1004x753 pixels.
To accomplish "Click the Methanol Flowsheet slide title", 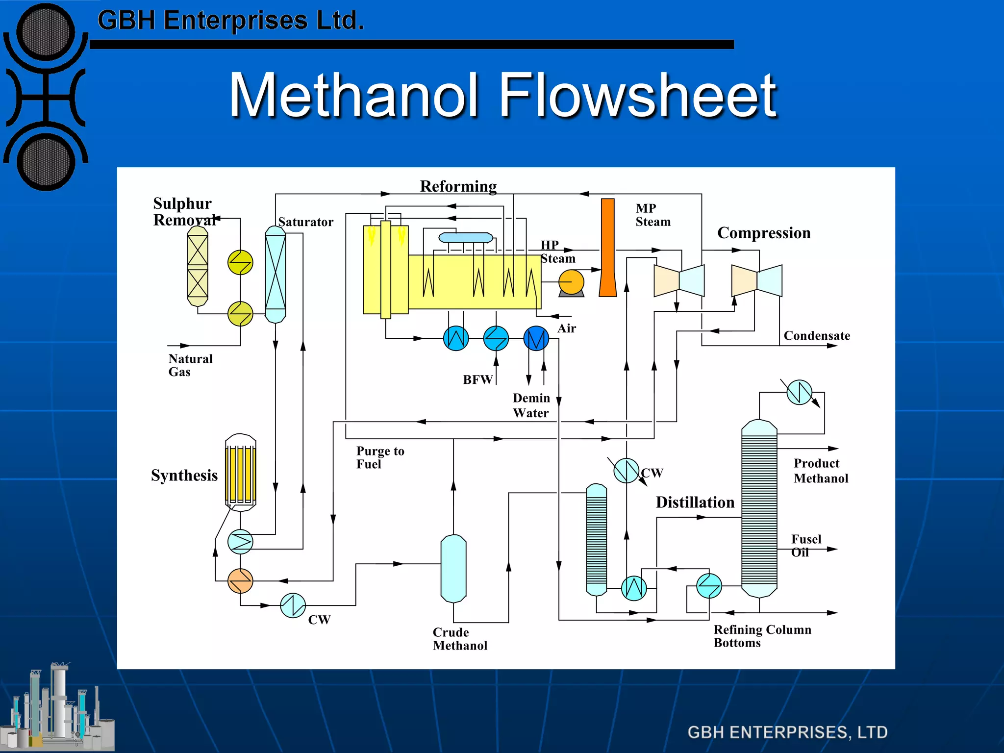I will (x=503, y=96).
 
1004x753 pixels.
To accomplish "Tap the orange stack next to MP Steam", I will (x=608, y=248).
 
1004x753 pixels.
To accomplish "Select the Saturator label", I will (x=305, y=222).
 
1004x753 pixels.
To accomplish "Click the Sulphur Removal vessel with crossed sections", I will (x=198, y=266).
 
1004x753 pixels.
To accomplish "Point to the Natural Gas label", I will (x=190, y=365).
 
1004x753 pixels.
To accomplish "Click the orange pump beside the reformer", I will (x=571, y=283).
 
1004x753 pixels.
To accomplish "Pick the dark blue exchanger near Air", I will (x=536, y=338).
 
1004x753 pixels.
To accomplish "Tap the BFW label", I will (x=477, y=380).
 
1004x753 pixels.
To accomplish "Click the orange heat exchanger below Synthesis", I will (x=240, y=581).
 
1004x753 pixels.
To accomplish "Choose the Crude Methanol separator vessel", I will (x=453, y=569).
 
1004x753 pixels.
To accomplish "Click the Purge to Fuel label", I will (x=380, y=457).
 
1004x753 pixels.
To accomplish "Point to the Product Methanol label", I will (x=821, y=471).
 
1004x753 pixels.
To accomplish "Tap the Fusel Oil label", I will (x=805, y=546).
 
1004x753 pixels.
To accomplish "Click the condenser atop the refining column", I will (x=799, y=392).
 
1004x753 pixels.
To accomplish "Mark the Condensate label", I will (x=817, y=336).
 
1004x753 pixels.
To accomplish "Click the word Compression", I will (x=764, y=233).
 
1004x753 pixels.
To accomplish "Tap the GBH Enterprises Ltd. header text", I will (x=230, y=21).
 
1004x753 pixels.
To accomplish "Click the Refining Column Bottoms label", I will (x=762, y=636).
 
